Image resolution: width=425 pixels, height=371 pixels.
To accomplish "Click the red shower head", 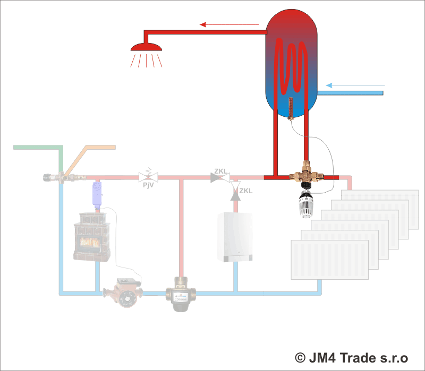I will [x=146, y=47].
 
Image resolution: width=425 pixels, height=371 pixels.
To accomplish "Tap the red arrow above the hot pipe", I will [x=228, y=24].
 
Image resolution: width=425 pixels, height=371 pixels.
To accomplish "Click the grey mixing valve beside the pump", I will [x=181, y=295].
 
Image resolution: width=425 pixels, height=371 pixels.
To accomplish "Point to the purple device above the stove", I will [x=96, y=194].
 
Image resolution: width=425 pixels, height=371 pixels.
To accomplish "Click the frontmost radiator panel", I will [x=329, y=260].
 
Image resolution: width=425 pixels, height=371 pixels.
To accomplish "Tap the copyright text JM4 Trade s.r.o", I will [x=351, y=357].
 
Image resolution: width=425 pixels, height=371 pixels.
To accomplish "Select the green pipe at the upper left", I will [x=37, y=146].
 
